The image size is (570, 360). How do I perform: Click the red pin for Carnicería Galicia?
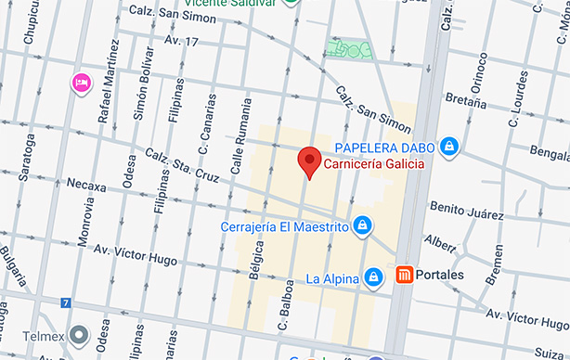point(310,161)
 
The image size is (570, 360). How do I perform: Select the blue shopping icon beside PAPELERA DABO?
point(449,146)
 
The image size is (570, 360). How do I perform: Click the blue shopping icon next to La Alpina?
point(372,276)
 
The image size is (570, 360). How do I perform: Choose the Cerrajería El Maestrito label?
point(284,225)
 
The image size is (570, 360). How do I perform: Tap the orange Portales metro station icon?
point(404,276)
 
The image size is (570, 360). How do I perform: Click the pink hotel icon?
point(81,84)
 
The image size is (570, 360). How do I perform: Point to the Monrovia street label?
point(86,228)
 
